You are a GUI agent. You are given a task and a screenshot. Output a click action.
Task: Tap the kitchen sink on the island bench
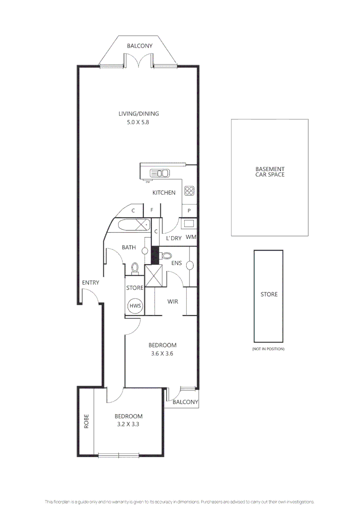pos(160,173)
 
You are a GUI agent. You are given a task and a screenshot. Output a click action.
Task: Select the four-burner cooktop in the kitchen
pos(189,191)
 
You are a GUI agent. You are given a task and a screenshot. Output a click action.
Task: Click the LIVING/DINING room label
pos(139,114)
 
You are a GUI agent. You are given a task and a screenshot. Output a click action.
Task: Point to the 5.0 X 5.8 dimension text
pos(139,122)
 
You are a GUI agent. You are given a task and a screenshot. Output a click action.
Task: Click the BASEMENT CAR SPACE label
pos(270,172)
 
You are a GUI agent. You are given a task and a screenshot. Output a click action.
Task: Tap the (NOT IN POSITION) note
pos(269,349)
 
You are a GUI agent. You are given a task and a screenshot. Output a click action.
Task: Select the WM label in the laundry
pos(190,238)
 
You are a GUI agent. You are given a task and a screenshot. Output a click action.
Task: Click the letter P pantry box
pos(189,211)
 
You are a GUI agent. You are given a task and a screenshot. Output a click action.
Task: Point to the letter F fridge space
pos(152,211)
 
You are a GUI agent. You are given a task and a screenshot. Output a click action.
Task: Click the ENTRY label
pos(90,283)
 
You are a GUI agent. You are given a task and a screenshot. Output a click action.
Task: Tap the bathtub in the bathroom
pos(133,225)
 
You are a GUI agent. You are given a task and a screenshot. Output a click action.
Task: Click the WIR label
pos(172,302)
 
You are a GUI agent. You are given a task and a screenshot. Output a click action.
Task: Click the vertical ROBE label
pos(86,422)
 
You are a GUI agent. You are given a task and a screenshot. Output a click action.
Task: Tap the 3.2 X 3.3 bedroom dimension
pos(129,424)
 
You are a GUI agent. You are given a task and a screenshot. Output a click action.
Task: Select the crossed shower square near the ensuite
pos(154,276)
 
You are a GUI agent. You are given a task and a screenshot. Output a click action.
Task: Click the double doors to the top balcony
pos(139,60)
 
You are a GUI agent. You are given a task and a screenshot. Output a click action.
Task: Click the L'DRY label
pos(173,238)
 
